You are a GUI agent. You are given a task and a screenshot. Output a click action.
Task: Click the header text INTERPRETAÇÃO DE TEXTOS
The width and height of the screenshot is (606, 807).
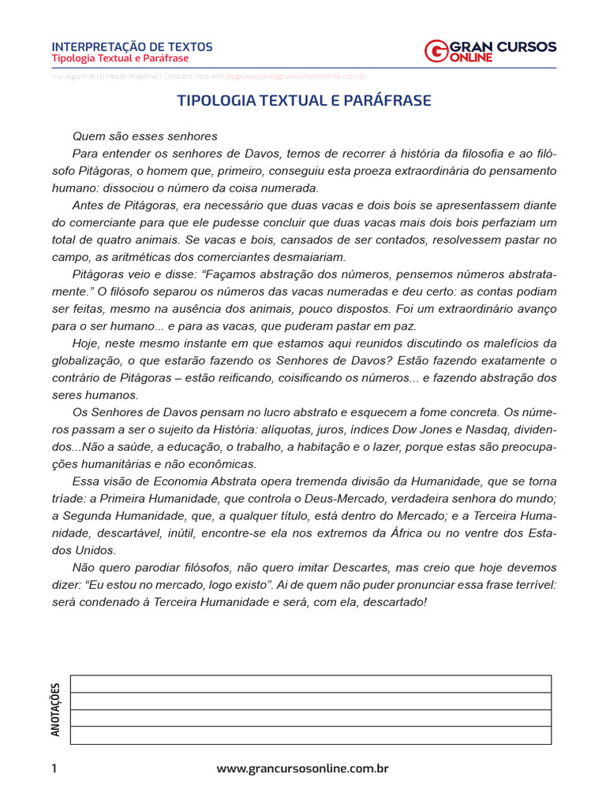(x=132, y=46)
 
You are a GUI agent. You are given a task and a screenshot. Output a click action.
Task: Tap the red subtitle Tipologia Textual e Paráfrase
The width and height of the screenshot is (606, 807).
(x=120, y=59)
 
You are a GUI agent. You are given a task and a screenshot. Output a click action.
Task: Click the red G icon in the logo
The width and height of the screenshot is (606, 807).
(x=436, y=51)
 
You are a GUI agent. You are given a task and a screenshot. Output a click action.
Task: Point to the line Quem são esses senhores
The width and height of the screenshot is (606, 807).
(x=144, y=136)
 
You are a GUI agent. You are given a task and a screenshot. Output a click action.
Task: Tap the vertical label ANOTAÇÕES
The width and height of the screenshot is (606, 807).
(x=55, y=709)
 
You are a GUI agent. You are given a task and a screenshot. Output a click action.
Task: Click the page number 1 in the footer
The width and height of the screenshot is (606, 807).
(x=54, y=768)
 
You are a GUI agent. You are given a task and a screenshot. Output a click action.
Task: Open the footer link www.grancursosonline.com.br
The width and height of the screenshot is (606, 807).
(x=303, y=768)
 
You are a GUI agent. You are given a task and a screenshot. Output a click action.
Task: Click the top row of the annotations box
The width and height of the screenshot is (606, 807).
(x=311, y=683)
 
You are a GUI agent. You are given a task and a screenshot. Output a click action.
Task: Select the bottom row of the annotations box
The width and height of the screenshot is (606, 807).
(x=311, y=735)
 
